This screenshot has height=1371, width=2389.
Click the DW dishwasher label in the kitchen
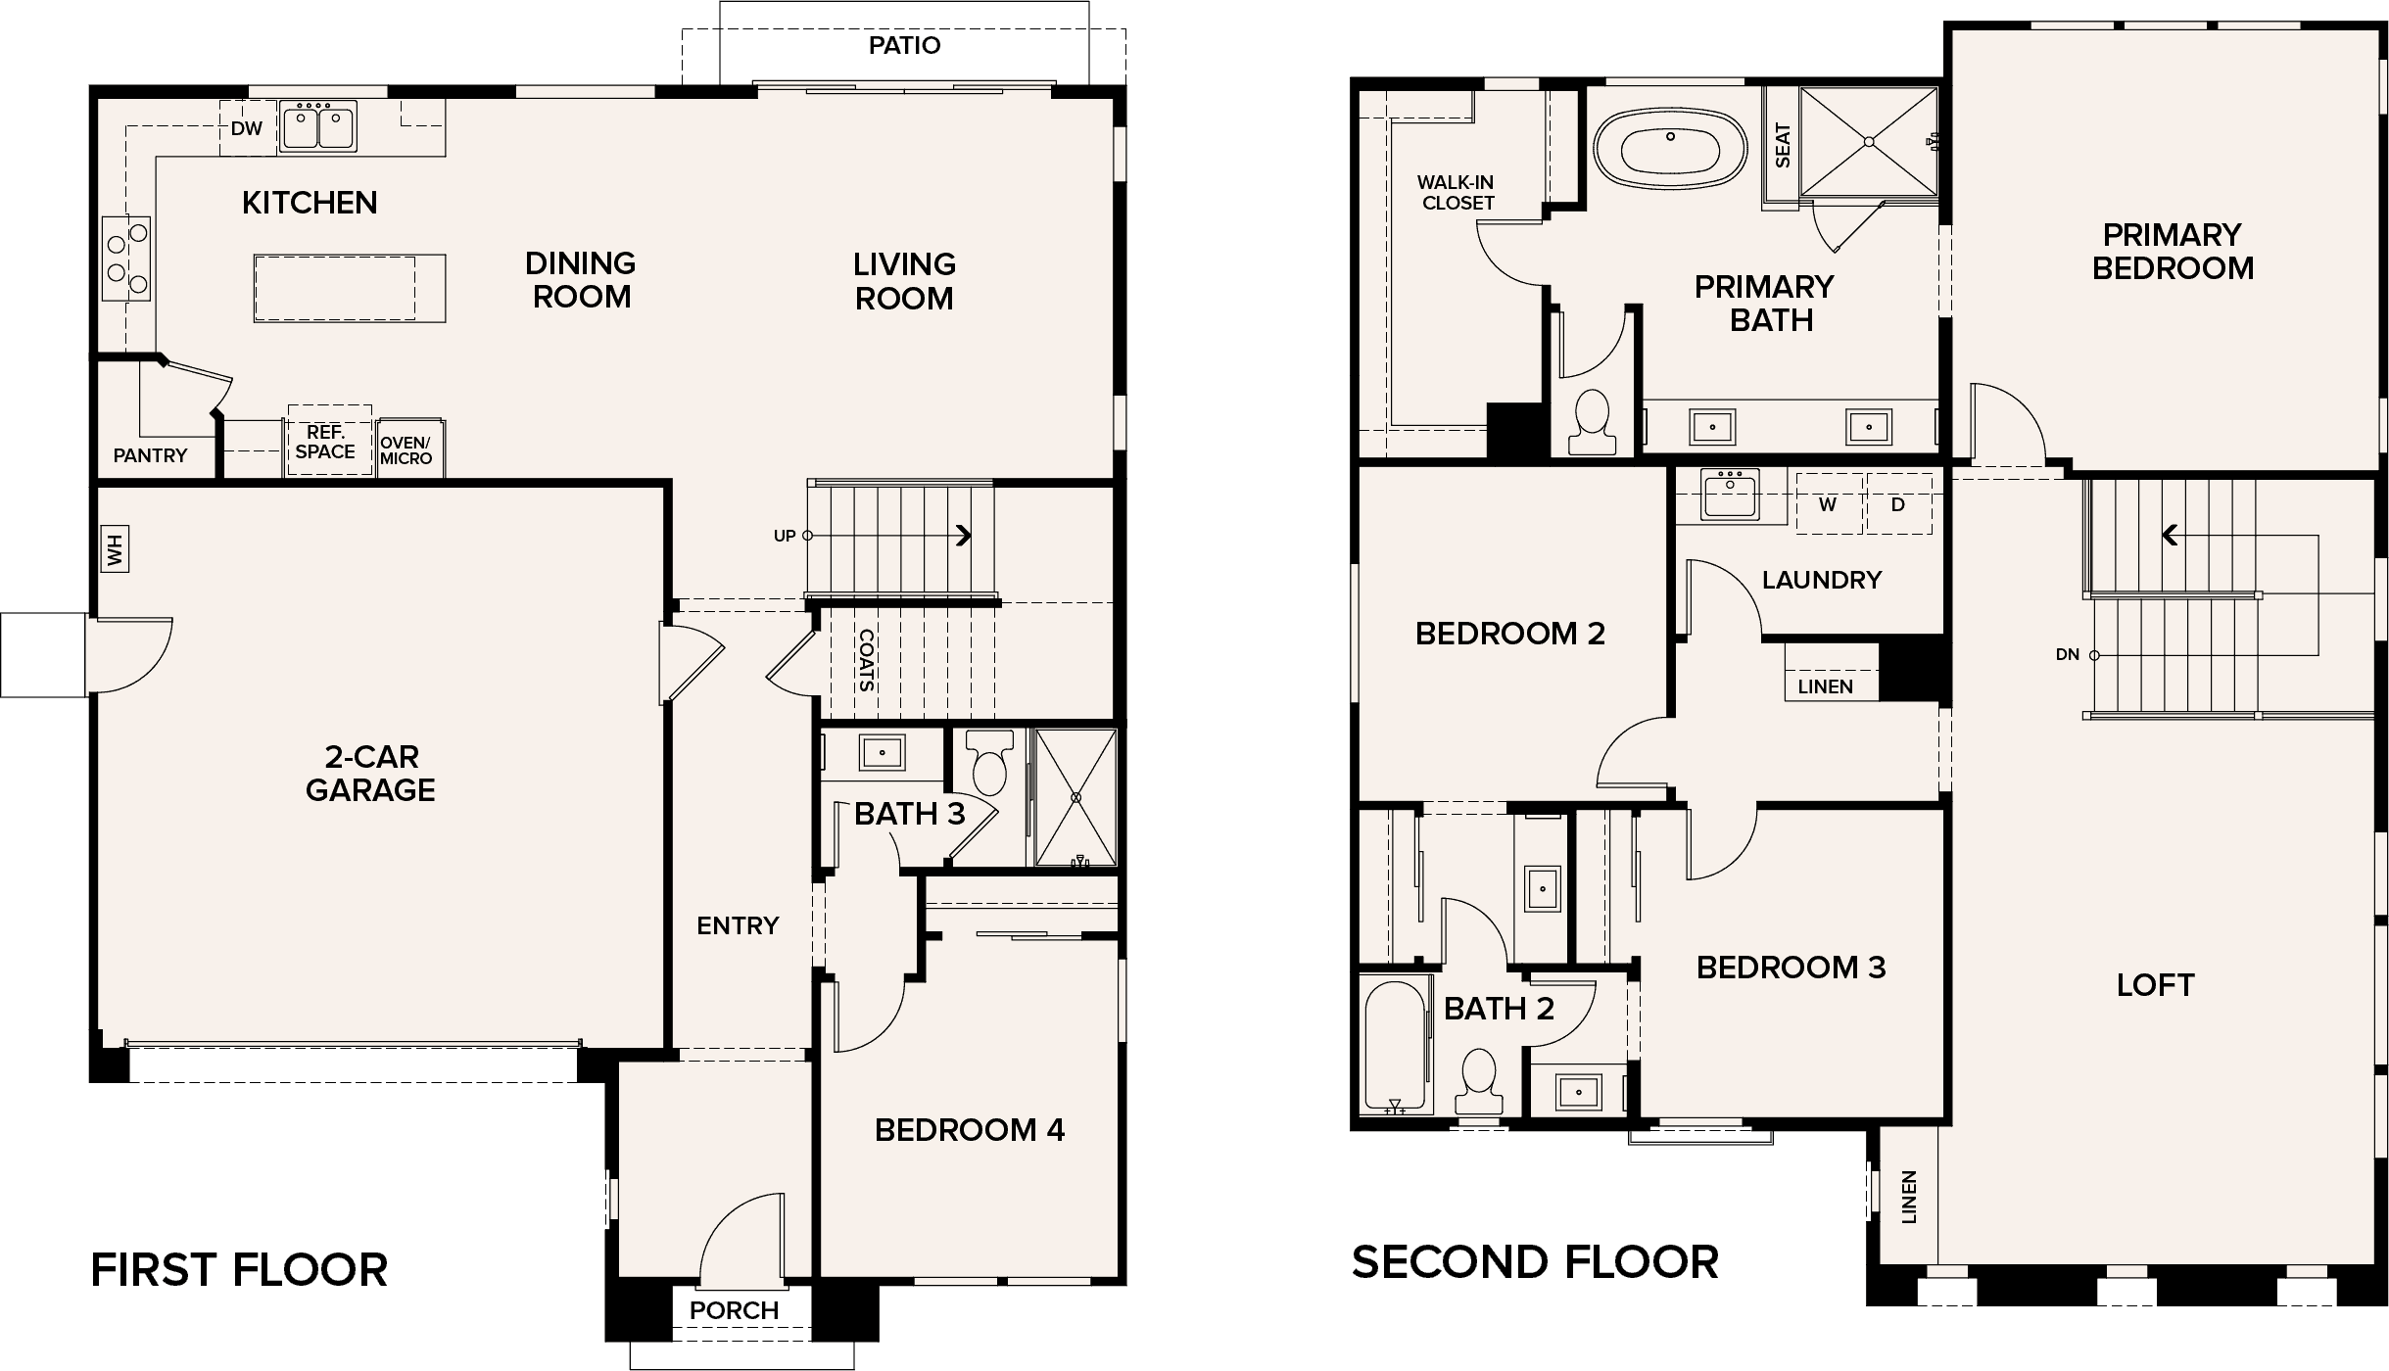pos(247,128)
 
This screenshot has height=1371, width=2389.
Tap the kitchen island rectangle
pos(350,288)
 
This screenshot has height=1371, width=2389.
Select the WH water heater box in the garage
pos(116,549)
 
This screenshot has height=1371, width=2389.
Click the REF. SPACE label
pos(325,442)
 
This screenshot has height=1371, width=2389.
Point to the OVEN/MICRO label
pos(406,450)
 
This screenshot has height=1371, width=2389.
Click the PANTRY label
pos(150,455)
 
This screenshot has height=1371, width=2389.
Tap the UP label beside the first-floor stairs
pos(785,536)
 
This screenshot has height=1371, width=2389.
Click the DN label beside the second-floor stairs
pos(2067,654)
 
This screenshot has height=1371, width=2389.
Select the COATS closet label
pos(866,659)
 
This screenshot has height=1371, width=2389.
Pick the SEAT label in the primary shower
pos(1783,145)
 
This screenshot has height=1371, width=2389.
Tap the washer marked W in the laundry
pos(1828,504)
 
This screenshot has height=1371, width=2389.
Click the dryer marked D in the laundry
pos(1898,504)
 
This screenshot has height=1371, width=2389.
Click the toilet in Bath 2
pos(1477,1082)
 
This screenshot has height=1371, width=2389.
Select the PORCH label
pos(734,1310)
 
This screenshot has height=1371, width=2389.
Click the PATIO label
pos(904,45)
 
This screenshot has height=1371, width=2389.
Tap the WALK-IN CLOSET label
pos(1457,193)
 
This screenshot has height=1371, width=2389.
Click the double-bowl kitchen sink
pos(317,126)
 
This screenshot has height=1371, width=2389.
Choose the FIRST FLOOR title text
pos(239,1270)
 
